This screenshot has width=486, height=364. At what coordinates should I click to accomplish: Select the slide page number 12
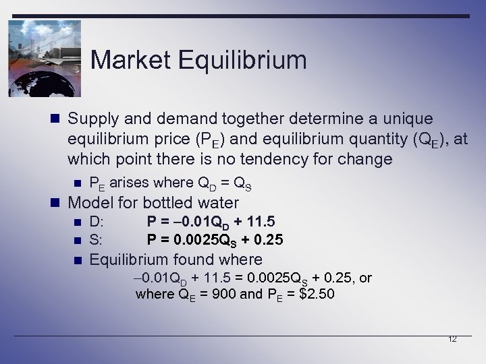click(x=452, y=339)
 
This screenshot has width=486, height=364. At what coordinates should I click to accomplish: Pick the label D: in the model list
click(x=97, y=222)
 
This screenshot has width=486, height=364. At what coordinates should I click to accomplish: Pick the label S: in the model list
click(x=97, y=239)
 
